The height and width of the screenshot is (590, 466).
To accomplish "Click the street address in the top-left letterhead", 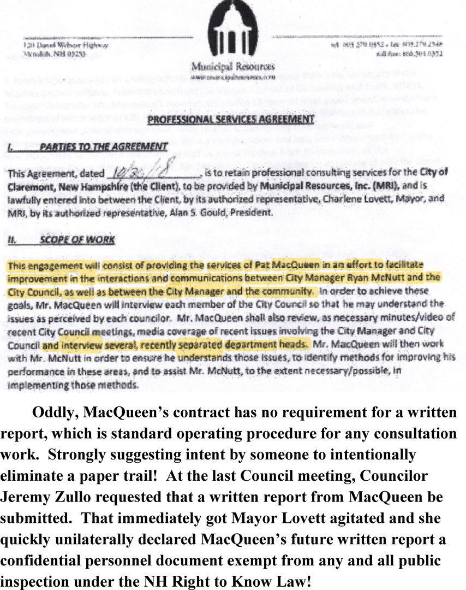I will [66, 45].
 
